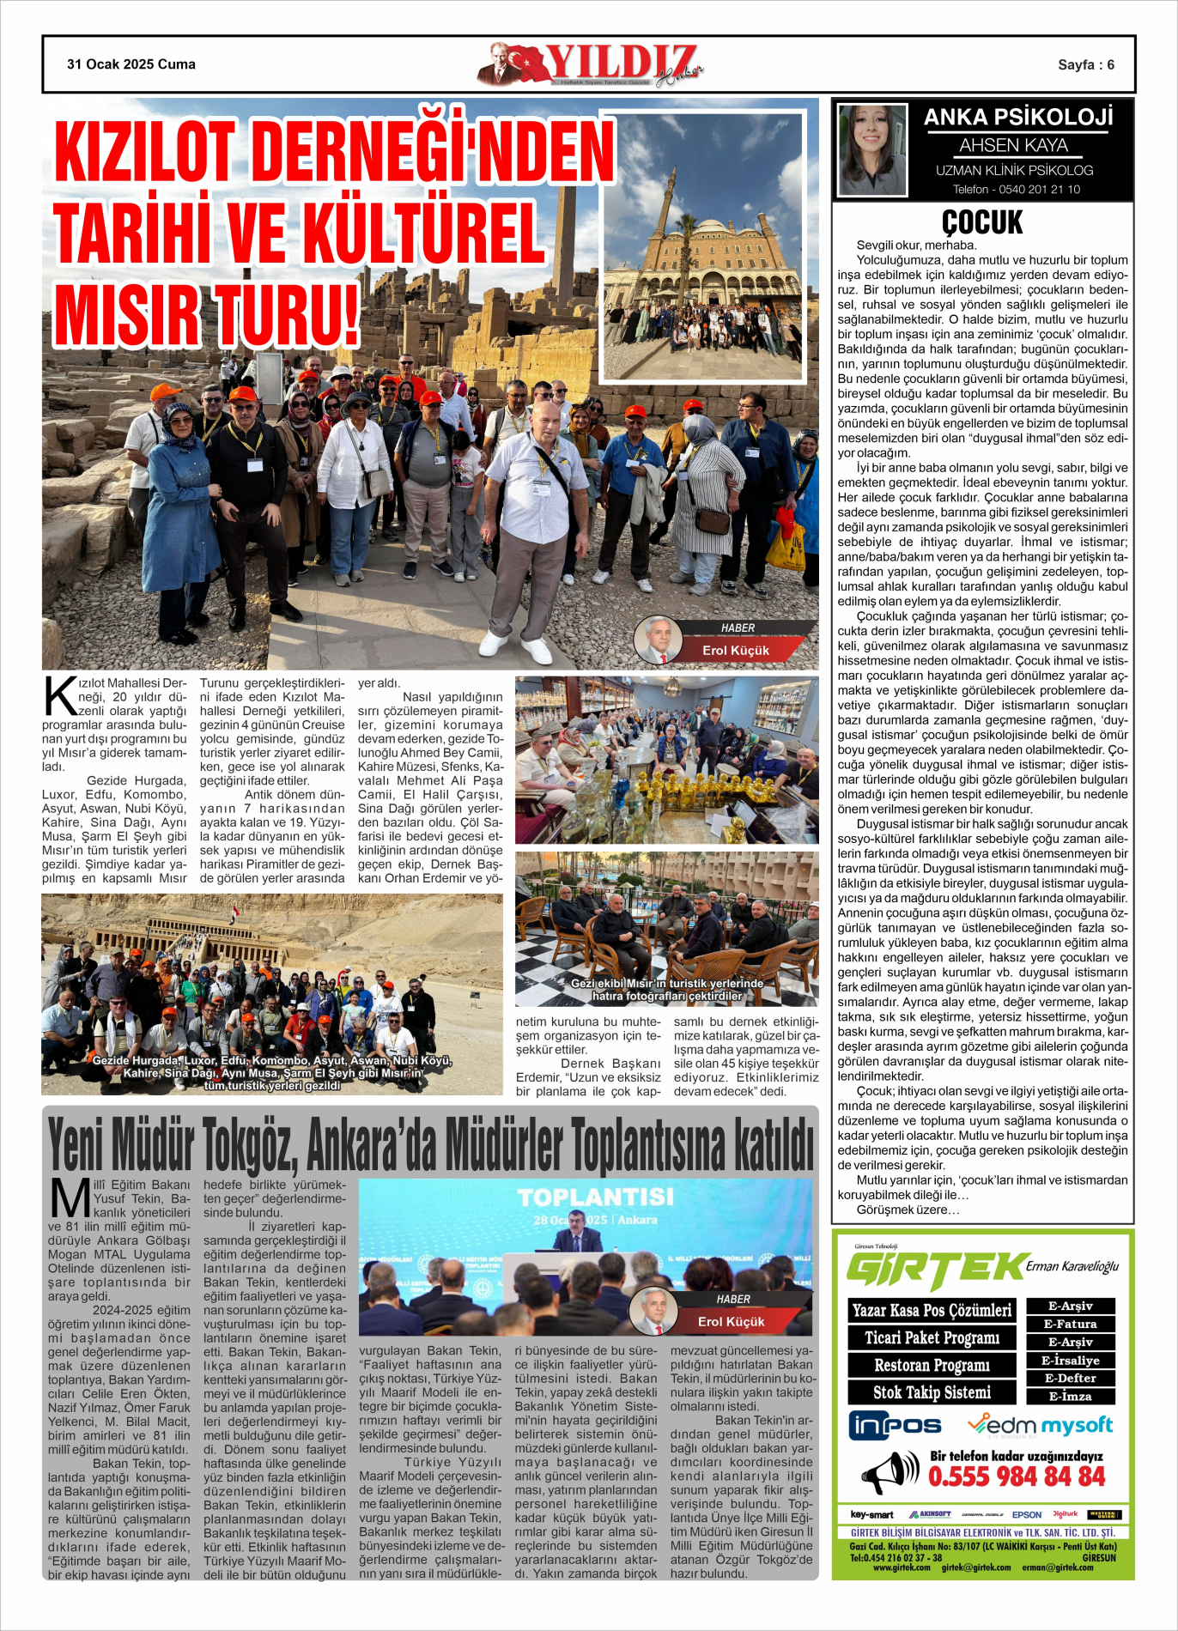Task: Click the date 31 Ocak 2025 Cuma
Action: (x=131, y=64)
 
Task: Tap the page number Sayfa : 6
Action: (x=1085, y=65)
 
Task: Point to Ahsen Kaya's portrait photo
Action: (x=871, y=151)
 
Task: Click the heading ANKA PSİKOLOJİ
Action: (x=1017, y=118)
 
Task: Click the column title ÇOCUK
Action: (x=982, y=222)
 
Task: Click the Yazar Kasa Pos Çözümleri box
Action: (x=932, y=1310)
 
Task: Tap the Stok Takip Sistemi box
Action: (x=932, y=1392)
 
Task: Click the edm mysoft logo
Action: (x=1040, y=1426)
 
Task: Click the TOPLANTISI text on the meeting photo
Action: (x=595, y=1197)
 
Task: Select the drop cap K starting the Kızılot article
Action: (x=60, y=696)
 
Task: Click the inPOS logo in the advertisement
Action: (x=895, y=1426)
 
